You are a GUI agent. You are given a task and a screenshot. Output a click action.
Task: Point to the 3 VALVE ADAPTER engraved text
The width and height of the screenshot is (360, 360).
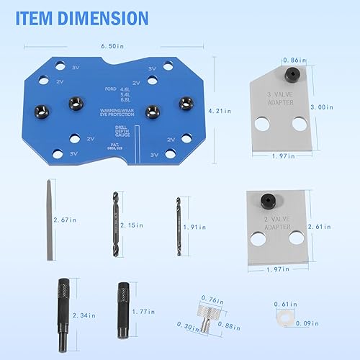point(279,98)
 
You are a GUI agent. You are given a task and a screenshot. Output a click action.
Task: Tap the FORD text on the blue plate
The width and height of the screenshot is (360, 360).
point(111,88)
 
